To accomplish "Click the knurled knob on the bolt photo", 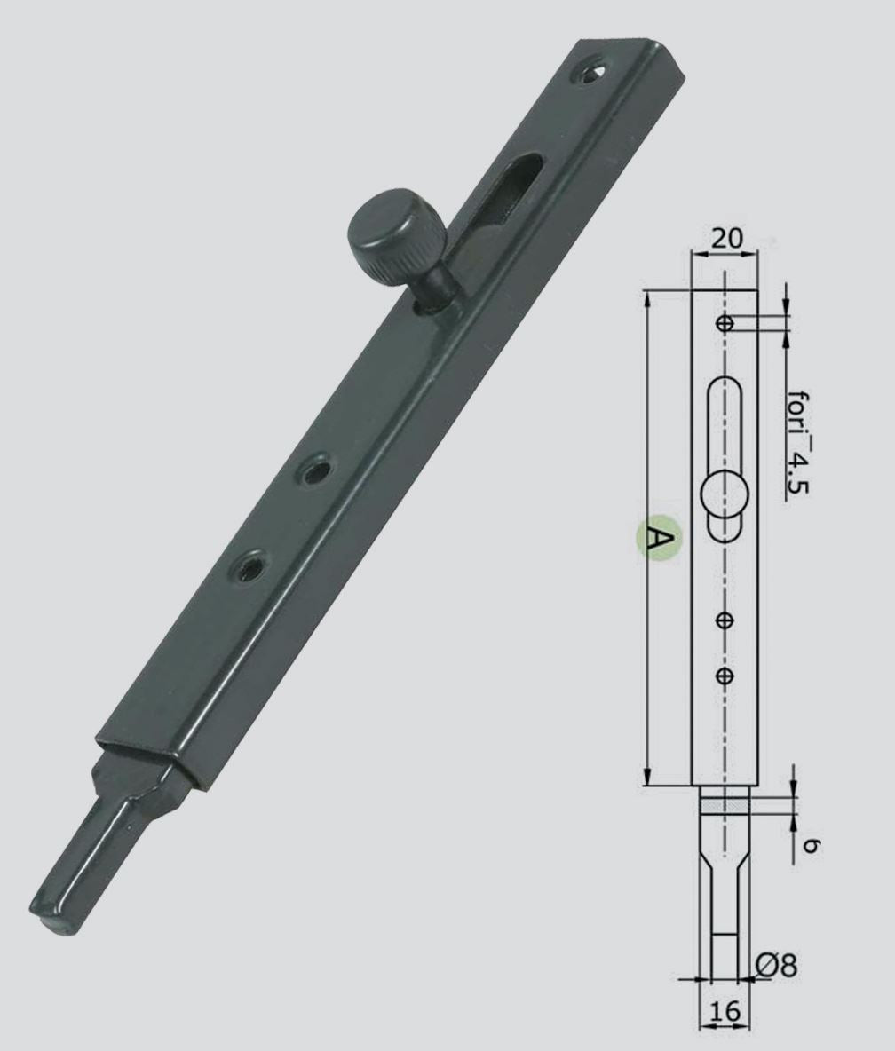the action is click(x=395, y=235).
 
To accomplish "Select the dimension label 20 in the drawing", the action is click(x=726, y=238).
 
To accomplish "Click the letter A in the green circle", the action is click(x=658, y=536).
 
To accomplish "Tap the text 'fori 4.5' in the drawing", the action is click(x=798, y=443).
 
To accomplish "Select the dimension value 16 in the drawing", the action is click(x=724, y=1011).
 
